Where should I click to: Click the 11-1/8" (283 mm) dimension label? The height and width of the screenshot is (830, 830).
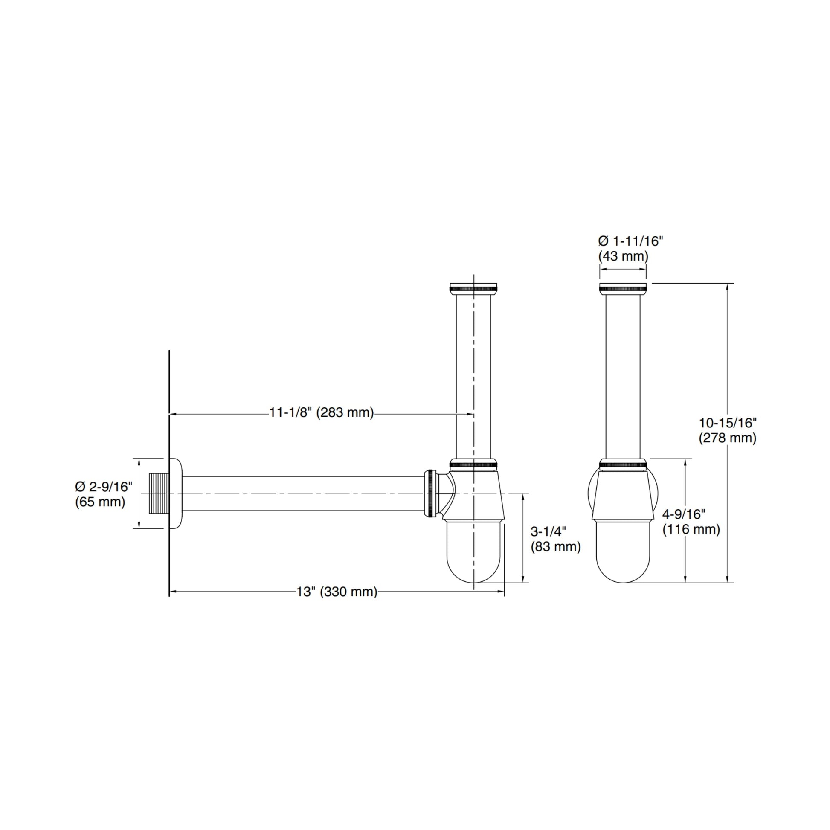[322, 413]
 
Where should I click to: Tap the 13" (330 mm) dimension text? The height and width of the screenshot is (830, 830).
[337, 592]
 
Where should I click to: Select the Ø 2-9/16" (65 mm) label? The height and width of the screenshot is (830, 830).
[104, 494]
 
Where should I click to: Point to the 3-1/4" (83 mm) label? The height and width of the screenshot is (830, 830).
[555, 539]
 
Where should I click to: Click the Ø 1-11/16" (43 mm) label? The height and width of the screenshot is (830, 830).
[631, 249]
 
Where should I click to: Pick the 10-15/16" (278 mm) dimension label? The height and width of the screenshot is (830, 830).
[728, 430]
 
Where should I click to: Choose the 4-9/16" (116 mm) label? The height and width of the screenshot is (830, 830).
[691, 522]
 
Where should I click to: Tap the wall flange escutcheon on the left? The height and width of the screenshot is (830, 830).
[176, 493]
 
